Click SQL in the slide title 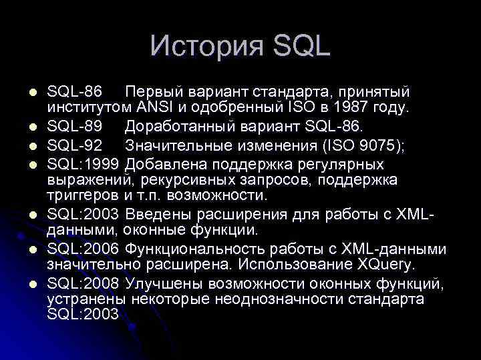pyautogui.click(x=303, y=46)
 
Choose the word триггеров pyautogui.click(x=83, y=195)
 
